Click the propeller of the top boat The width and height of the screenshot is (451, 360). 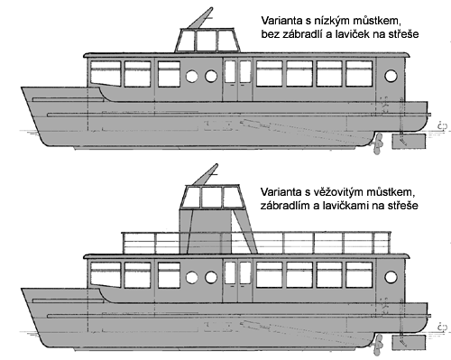pos(378,143)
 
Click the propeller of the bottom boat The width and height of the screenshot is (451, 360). pos(378,345)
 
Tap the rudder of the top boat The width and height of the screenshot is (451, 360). pos(409,142)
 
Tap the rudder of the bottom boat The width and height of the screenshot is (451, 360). pos(409,343)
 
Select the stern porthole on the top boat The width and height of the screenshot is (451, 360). pos(391,76)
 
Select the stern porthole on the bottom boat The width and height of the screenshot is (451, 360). pos(391,277)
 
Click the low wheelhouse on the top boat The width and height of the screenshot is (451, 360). pos(207,41)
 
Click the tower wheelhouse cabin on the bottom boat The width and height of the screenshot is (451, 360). pos(212,197)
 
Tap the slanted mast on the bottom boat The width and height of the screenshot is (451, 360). pos(205,174)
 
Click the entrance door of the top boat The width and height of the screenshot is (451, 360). pos(237,79)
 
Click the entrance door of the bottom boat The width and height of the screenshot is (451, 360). pos(237,281)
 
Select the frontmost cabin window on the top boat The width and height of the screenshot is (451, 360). pos(106,73)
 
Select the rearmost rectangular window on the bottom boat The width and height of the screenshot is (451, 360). pos(359,275)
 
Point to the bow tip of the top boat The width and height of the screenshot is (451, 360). pos(22,88)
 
